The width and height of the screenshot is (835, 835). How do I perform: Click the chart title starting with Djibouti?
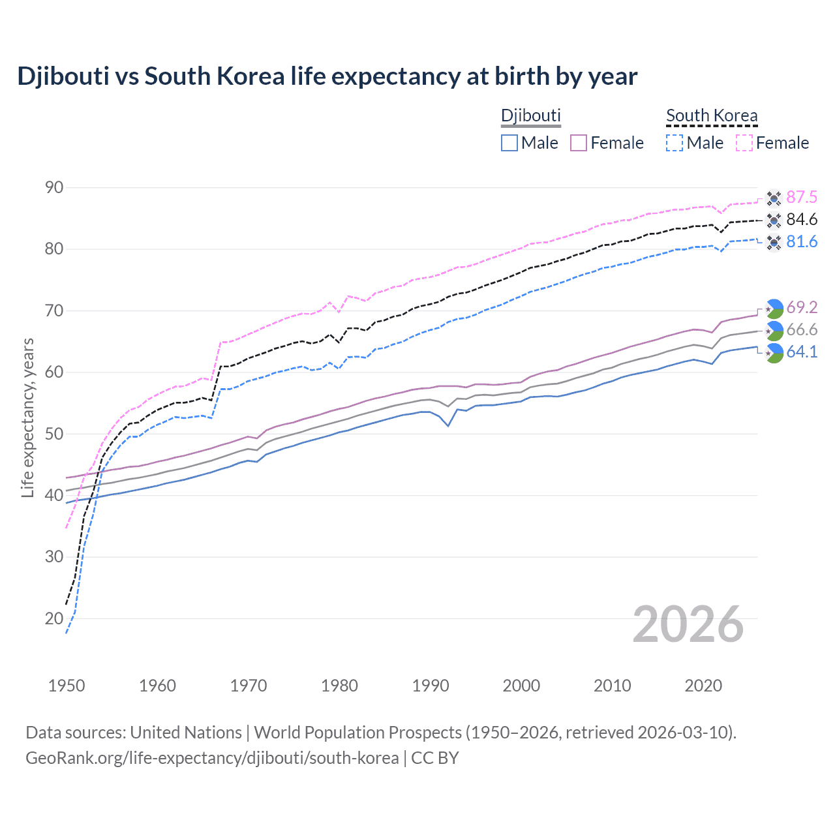pyautogui.click(x=327, y=76)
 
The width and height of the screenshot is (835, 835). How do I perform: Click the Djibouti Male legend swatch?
pyautogui.click(x=509, y=143)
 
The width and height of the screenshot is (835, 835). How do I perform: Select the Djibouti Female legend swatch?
pyautogui.click(x=579, y=143)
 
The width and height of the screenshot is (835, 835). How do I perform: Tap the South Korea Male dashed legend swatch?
pyautogui.click(x=675, y=143)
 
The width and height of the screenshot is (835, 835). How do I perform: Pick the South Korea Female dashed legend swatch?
pyautogui.click(x=744, y=143)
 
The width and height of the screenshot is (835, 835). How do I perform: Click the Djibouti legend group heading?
pyautogui.click(x=530, y=115)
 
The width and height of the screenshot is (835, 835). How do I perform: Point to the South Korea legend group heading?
pyautogui.click(x=712, y=115)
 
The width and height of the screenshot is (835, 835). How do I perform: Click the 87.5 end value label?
pyautogui.click(x=802, y=198)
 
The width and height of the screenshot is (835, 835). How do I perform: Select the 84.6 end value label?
pyautogui.click(x=802, y=220)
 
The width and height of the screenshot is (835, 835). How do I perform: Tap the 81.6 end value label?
pyautogui.click(x=802, y=242)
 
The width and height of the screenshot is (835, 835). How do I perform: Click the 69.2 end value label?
pyautogui.click(x=802, y=307)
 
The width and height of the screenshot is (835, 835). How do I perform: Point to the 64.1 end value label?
pyautogui.click(x=802, y=352)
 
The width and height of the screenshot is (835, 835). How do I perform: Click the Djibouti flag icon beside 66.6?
pyautogui.click(x=774, y=331)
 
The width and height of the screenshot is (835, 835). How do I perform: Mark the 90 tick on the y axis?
pyautogui.click(x=55, y=188)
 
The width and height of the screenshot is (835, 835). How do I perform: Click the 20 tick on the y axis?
pyautogui.click(x=55, y=618)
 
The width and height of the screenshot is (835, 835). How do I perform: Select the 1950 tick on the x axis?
pyautogui.click(x=67, y=686)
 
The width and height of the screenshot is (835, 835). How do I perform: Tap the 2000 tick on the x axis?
pyautogui.click(x=521, y=686)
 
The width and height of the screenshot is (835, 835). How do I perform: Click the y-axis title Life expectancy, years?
pyautogui.click(x=28, y=417)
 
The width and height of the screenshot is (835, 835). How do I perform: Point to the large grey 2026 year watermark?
pyautogui.click(x=688, y=624)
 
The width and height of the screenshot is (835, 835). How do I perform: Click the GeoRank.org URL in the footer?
pyautogui.click(x=212, y=758)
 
